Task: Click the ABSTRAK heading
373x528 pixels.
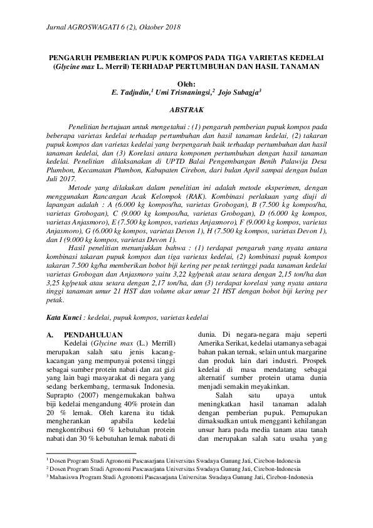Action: coord(186,108)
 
